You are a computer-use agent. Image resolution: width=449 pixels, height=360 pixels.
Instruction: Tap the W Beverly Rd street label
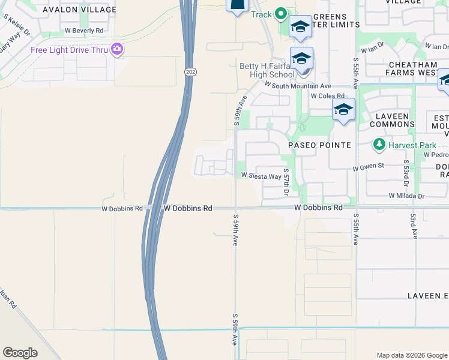pyautogui.click(x=84, y=30)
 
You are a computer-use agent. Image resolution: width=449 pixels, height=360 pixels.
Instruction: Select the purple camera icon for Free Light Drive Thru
pyautogui.click(x=116, y=49)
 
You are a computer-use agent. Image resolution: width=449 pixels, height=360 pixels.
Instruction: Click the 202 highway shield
pyautogui.click(x=188, y=71)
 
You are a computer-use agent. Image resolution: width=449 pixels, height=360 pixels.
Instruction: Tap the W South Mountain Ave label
pyautogui.click(x=298, y=86)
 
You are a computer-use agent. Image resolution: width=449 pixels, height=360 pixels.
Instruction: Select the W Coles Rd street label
pyautogui.click(x=328, y=96)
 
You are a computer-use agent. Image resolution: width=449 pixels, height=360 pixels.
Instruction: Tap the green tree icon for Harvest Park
pyautogui.click(x=379, y=144)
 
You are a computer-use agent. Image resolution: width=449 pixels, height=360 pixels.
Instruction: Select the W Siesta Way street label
pyautogui.click(x=261, y=176)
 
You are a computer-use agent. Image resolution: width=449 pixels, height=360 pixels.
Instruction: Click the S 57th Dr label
pyautogui.click(x=286, y=182)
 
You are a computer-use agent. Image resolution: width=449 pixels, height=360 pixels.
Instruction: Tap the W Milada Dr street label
pyautogui.click(x=406, y=196)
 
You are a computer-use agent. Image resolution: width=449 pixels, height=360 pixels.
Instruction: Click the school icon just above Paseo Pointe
pyautogui.click(x=343, y=110)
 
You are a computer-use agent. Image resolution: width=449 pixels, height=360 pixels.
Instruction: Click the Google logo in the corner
pyautogui.click(x=20, y=353)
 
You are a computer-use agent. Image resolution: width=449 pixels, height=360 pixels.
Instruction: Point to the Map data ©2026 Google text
pyautogui.click(x=411, y=355)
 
